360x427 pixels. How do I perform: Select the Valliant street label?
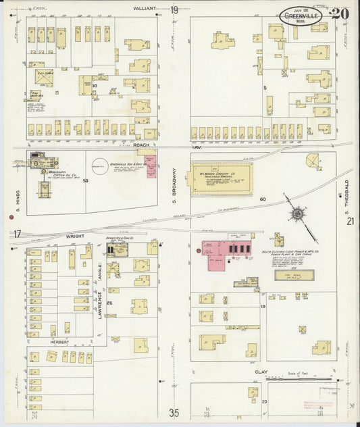point(145,9)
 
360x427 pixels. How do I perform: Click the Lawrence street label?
point(99,300)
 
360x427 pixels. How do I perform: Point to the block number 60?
point(262,199)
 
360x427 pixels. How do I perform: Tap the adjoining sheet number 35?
point(175,413)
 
